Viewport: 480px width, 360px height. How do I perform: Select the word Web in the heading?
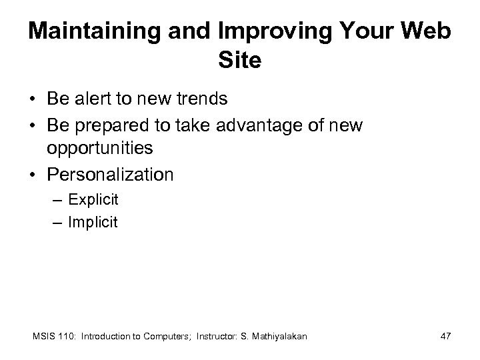427,32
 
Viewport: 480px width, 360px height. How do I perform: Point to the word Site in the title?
239,61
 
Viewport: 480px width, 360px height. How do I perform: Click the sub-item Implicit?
93,223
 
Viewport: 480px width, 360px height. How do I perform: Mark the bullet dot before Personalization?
33,175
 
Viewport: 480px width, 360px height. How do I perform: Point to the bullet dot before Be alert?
33,100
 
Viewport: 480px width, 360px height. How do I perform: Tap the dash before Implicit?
58,223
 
